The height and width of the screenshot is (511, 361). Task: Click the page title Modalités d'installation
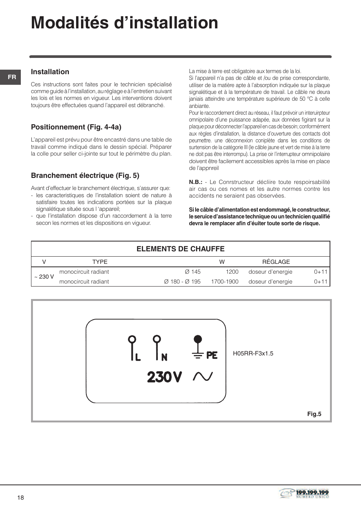[x=124, y=23]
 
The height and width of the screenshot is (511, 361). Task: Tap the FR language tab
[x=12, y=77]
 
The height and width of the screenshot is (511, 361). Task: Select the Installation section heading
[x=50, y=72]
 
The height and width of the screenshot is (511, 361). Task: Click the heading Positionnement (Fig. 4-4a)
[x=76, y=127]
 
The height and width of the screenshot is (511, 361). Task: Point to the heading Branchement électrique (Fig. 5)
[x=85, y=176]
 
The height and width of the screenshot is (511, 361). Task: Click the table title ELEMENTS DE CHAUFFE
[x=180, y=249]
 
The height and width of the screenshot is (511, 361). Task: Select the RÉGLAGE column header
[x=276, y=262]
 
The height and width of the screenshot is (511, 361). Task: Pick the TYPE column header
[x=100, y=262]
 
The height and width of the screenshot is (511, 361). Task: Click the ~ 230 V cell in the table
[x=44, y=277]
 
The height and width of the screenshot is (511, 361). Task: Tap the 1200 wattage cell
[x=232, y=272]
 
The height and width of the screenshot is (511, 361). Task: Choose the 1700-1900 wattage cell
[x=225, y=282]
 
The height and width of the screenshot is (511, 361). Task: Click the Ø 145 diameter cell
[x=193, y=272]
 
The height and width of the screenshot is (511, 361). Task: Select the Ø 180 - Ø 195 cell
[x=182, y=282]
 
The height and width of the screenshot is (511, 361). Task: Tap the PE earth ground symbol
[x=204, y=348]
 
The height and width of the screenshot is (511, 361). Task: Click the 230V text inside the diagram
[x=165, y=377]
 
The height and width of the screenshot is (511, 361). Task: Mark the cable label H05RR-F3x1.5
[x=253, y=354]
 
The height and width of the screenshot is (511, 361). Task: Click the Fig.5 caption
[x=314, y=414]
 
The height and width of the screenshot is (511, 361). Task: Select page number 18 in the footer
[x=20, y=498]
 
